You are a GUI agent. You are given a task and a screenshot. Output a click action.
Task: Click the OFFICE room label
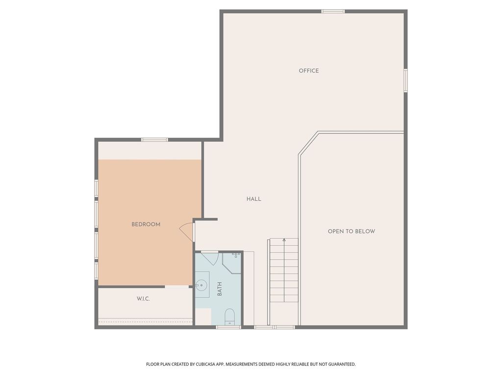coord(309,71)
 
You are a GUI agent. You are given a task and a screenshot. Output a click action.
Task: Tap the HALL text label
coord(254,199)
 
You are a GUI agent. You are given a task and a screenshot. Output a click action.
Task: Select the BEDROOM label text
coord(146,224)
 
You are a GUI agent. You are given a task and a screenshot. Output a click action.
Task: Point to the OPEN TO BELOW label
coord(351,231)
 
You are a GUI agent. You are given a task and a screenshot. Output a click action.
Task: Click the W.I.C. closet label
coord(143,298)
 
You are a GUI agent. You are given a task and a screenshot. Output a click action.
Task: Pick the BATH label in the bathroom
coord(220,289)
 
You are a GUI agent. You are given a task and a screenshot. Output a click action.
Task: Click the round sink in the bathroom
coord(201,284)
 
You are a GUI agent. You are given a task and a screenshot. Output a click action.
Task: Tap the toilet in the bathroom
coord(229,317)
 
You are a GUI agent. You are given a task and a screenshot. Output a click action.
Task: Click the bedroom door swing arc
coord(185,231)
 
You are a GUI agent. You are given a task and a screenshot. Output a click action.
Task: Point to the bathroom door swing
coord(210,258)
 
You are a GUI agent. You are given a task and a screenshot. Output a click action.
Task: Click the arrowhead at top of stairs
coord(284,240)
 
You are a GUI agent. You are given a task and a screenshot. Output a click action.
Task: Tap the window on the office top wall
coord(333,11)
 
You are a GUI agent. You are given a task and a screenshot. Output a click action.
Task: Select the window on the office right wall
coord(405,80)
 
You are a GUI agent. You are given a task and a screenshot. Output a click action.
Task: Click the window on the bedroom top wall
coord(155,140)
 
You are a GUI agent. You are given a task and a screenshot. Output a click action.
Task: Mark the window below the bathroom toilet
coord(228,327)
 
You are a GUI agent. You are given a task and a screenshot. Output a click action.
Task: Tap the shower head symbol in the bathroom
coord(236,255)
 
